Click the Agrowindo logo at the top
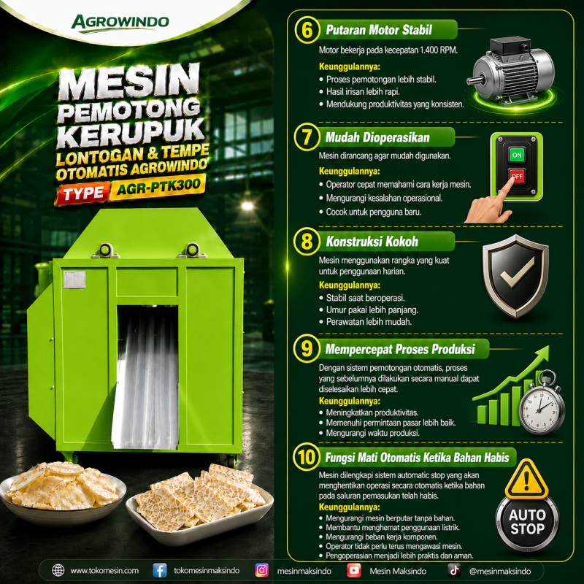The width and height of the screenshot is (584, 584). (120, 23)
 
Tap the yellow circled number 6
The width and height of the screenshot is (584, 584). (307, 30)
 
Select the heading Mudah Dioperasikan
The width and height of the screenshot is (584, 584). (377, 137)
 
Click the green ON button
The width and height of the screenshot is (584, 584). (517, 155)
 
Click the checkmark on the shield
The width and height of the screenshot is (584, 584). (517, 272)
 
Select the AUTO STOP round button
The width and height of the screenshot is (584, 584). (526, 522)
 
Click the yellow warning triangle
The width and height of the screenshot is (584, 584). (526, 480)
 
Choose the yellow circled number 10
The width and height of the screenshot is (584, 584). (307, 457)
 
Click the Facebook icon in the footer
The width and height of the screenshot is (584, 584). (159, 570)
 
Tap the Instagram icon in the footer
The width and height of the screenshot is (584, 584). (261, 570)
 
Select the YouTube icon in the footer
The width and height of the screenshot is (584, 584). (353, 570)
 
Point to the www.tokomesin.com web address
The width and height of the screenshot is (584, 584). (104, 571)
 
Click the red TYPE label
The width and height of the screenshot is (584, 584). (83, 193)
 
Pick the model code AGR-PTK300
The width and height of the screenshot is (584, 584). (158, 186)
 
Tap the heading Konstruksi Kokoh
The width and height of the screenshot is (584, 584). (372, 242)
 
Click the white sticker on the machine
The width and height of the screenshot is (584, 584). (74, 280)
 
